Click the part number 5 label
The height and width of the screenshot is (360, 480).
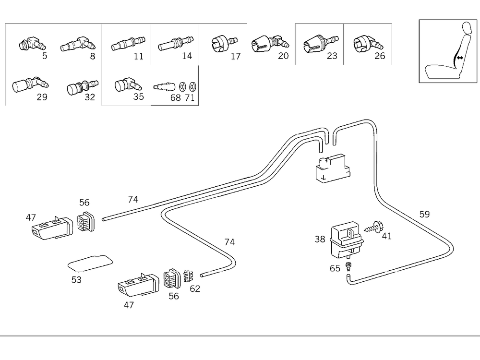(x=45, y=56)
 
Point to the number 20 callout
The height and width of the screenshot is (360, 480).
(x=283, y=56)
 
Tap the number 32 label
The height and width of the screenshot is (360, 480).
(x=89, y=97)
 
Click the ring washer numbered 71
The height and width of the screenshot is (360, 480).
(x=192, y=87)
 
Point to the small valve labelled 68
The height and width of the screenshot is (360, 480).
(x=164, y=87)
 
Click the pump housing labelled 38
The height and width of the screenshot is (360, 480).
(x=344, y=237)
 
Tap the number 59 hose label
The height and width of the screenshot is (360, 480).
(x=424, y=214)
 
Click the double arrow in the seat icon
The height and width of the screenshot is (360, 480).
(x=460, y=58)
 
